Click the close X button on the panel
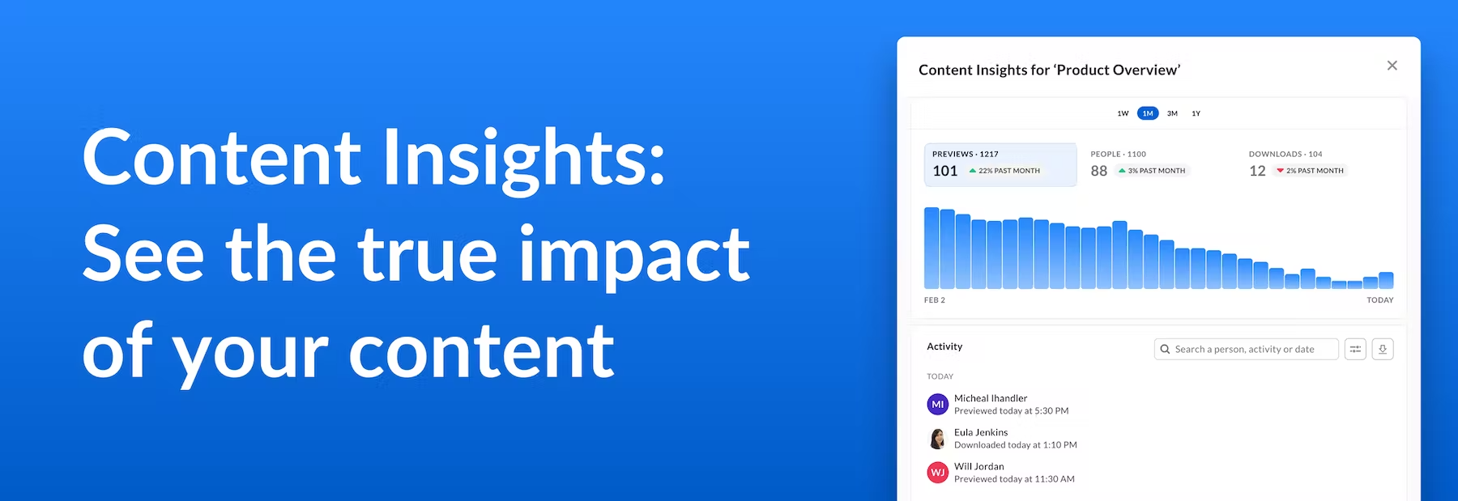[1392, 66]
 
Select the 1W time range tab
[1123, 113]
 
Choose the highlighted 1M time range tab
[1148, 113]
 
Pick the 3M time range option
[1172, 113]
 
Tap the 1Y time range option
[1196, 113]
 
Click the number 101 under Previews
[945, 171]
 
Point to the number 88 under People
[1099, 171]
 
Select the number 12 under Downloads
[1257, 171]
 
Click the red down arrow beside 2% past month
[1280, 171]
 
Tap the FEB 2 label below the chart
[935, 300]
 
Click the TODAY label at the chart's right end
[1380, 300]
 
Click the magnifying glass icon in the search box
[1165, 350]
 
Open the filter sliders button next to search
[1355, 350]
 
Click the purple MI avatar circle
[938, 404]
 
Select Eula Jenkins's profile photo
[938, 439]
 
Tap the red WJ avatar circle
[938, 472]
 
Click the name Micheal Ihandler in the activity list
[991, 398]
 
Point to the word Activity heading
[944, 346]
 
